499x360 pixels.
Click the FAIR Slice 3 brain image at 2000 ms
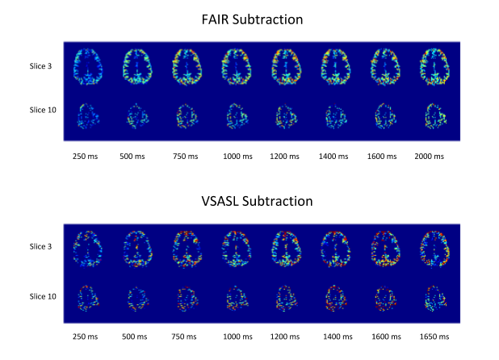(435, 66)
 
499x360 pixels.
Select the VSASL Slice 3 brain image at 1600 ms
(385, 247)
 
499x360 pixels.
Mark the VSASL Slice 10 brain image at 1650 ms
(435, 297)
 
